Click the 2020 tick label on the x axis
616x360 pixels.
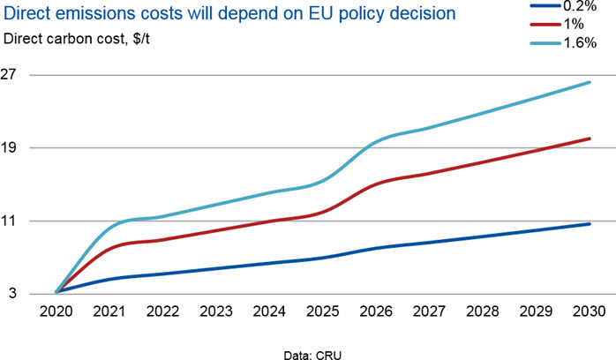[56, 311]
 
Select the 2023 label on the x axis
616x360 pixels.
[216, 311]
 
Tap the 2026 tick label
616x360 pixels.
[376, 311]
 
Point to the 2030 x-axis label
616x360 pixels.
[590, 311]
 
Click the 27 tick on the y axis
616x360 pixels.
[9, 74]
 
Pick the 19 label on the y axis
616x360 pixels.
[9, 147]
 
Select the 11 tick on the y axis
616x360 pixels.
[9, 221]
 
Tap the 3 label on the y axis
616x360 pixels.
[13, 293]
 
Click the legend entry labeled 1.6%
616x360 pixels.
[580, 42]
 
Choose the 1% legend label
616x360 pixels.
[574, 25]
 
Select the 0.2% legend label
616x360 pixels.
[580, 6]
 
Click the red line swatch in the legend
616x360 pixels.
[545, 25]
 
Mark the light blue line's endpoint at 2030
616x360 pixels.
[590, 82]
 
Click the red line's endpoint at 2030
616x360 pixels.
[590, 139]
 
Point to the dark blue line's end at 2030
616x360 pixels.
[590, 224]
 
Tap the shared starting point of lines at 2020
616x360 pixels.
[56, 292]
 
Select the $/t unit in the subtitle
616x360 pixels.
[141, 39]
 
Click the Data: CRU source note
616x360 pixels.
[312, 356]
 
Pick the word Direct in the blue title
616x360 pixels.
[26, 14]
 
